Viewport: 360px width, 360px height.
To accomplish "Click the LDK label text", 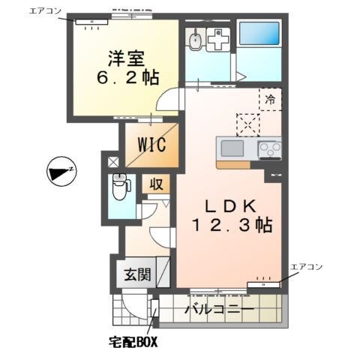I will tap(224, 204).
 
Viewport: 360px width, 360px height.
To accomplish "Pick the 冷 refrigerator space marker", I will tap(269, 98).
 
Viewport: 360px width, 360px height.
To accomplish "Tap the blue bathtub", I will tap(259, 34).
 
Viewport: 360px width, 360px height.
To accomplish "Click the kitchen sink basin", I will tap(232, 148).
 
